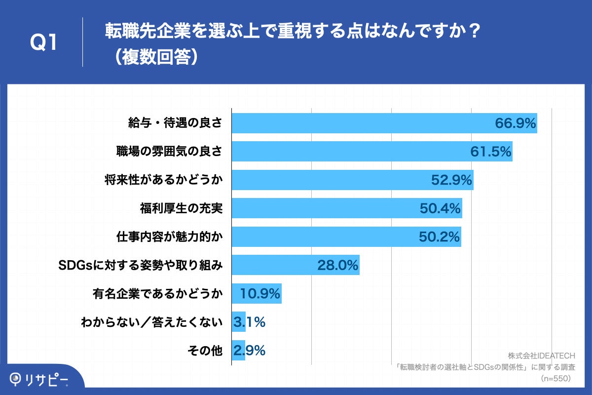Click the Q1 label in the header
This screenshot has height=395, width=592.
(44, 43)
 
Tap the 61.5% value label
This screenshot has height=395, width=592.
(490, 152)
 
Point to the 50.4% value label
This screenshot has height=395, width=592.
(440, 208)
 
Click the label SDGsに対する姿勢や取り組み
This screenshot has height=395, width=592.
(140, 266)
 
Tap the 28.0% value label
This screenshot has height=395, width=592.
(337, 266)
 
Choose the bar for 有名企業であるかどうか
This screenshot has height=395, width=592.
(257, 294)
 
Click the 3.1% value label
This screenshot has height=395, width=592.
(250, 322)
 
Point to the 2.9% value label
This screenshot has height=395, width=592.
(250, 351)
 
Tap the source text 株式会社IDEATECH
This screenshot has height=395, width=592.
(541, 356)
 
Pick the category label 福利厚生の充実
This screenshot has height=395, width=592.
(181, 208)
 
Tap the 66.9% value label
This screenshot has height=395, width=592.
(515, 123)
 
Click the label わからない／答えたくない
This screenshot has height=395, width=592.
(151, 322)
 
